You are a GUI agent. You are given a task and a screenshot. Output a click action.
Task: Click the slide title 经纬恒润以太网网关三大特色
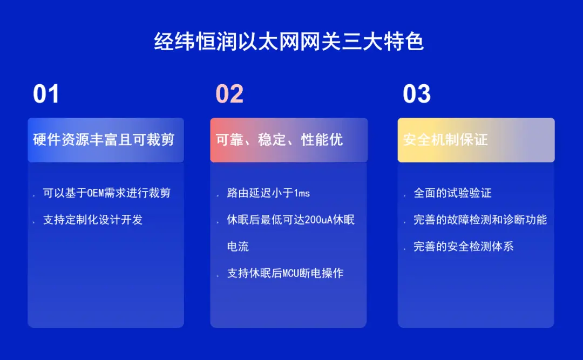pos(289,41)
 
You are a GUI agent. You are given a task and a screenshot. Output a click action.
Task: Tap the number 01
pos(46,94)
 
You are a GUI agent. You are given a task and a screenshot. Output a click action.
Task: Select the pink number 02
pos(229,94)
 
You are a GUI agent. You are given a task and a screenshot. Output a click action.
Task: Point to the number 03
pos(417,94)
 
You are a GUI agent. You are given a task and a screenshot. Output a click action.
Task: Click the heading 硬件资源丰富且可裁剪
pos(104,140)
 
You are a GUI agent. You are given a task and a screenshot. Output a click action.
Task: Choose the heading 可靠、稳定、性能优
pos(279,140)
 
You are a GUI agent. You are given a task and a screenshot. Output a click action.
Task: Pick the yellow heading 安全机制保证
pos(445,140)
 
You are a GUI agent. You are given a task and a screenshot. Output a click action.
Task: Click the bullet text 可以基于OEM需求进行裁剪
pos(107,193)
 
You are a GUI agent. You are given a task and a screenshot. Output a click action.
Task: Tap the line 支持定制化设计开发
pos(93,220)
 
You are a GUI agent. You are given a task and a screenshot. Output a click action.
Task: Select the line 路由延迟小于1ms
pos(268,193)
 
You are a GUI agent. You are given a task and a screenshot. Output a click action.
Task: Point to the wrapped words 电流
pos(238,247)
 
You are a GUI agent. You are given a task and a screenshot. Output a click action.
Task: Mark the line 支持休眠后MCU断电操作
pos(285,273)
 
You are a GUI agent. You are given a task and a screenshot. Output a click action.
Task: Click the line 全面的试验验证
pos(452,193)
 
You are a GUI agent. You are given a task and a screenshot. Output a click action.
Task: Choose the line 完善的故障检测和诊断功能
pos(480,220)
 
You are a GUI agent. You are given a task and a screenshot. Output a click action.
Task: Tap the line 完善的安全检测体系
pos(464,247)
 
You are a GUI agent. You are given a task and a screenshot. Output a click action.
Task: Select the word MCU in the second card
pos(291,274)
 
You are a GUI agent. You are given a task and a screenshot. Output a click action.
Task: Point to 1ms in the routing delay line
pos(302,193)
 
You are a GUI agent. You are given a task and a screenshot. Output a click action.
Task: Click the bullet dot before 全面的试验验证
pos(404,195)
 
